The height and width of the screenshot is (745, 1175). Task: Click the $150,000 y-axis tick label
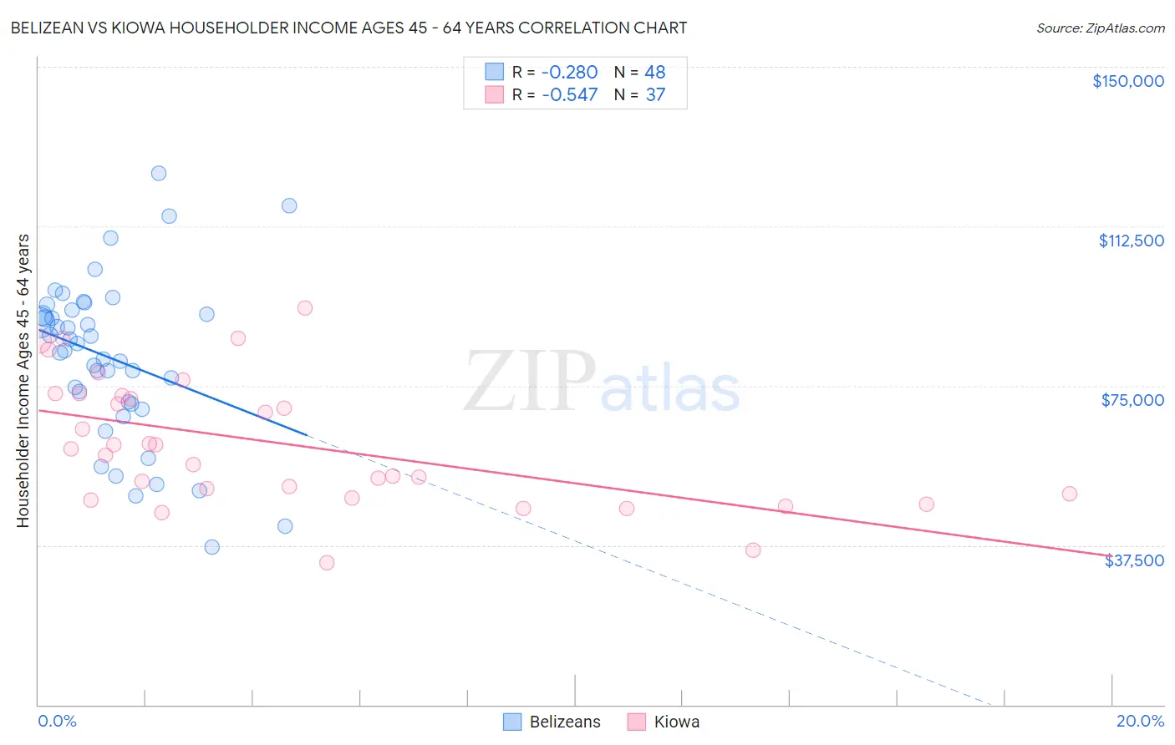tap(1127, 81)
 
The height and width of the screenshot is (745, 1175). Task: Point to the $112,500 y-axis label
tap(1131, 241)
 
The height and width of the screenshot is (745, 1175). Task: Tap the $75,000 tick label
tap(1132, 400)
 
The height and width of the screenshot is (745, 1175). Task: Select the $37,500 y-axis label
tap(1134, 560)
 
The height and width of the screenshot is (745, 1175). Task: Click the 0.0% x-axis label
tap(57, 721)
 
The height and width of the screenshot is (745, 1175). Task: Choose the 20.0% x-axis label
tap(1140, 721)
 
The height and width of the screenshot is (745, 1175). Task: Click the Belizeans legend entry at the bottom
tap(552, 722)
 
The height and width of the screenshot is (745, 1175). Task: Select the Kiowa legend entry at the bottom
tap(664, 722)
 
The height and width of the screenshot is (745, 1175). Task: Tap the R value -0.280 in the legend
tap(569, 73)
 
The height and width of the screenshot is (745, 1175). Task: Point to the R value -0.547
tap(569, 95)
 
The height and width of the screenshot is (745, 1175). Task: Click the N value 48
tap(655, 73)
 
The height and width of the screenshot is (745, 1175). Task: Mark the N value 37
tap(655, 95)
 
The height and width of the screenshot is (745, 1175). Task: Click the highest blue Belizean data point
tap(159, 174)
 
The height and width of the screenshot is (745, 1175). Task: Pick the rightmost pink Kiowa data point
tap(1069, 494)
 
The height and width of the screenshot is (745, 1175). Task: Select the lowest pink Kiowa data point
tap(327, 563)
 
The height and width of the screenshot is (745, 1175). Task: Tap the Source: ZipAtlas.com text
tap(1100, 28)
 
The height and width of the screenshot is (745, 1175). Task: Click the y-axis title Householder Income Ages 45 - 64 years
tap(23, 381)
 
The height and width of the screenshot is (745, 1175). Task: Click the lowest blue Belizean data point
tap(212, 547)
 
